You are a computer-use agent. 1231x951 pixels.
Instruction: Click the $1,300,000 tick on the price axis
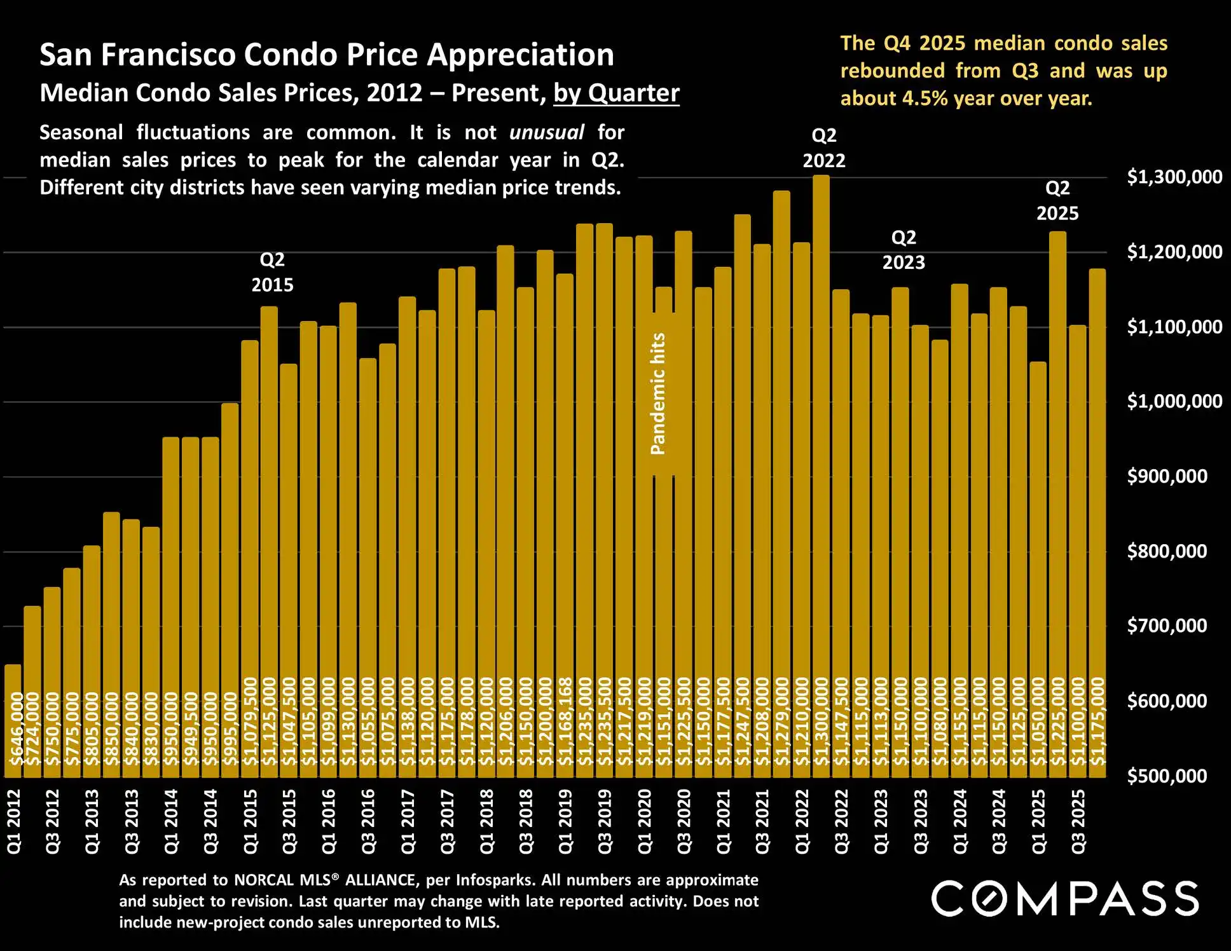[x=1174, y=177]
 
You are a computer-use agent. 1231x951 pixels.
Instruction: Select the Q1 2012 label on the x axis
[x=14, y=821]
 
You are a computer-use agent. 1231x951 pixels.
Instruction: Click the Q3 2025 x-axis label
[x=1078, y=821]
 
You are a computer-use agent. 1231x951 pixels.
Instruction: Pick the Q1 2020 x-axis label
[x=645, y=821]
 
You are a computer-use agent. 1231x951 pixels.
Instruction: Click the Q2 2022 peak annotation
[x=823, y=148]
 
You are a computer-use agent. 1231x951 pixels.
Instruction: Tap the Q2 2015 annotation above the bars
[x=272, y=272]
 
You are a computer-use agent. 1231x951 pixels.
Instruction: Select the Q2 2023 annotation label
[x=903, y=250]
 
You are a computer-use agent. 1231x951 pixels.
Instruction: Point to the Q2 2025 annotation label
[x=1057, y=200]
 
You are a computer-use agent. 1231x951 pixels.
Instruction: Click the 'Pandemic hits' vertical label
[x=658, y=394]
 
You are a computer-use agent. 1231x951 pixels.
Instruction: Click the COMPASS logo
[x=1065, y=898]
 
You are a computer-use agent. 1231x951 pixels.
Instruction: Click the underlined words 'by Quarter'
[x=615, y=93]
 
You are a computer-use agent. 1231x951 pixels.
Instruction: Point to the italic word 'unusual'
[x=546, y=132]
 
